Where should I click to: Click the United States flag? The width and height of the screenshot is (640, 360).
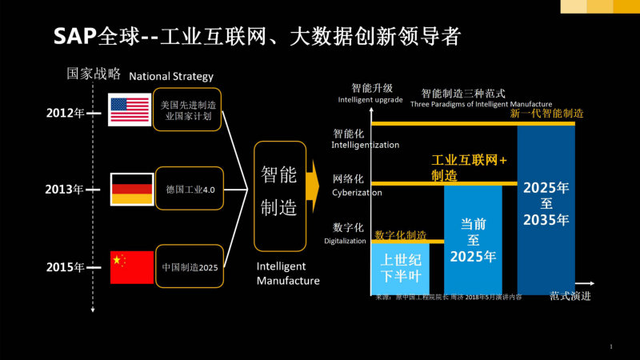[x=130, y=110]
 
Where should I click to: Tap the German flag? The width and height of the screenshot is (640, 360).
[x=130, y=189]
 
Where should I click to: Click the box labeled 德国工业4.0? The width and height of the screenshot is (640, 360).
[x=188, y=189]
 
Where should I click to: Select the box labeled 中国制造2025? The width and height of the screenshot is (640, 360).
[x=188, y=267]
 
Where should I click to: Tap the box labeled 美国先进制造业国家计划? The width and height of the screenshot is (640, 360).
[x=188, y=110]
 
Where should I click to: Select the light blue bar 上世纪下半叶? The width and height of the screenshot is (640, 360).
[x=400, y=268]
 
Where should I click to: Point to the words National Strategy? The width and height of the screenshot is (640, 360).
[x=171, y=77]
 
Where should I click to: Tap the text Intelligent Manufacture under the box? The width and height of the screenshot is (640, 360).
[x=288, y=273]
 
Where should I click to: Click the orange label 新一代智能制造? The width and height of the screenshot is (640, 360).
[x=546, y=114]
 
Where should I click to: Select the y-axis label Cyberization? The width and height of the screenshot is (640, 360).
[x=357, y=193]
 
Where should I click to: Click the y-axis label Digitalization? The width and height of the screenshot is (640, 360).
[x=345, y=241]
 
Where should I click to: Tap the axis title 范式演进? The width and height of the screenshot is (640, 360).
[x=570, y=295]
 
